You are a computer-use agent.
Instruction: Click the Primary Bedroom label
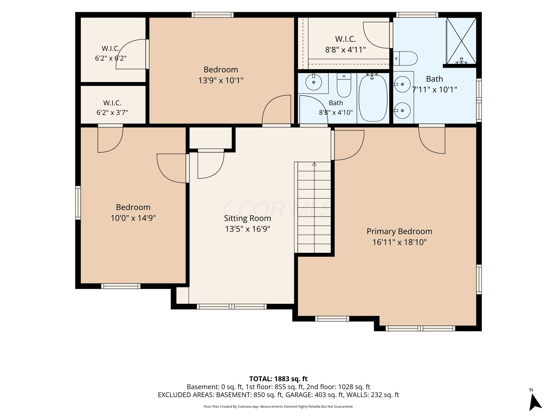(x=399, y=231)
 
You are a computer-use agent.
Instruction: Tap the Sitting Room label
(x=247, y=218)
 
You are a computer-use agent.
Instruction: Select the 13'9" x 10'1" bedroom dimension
(x=221, y=80)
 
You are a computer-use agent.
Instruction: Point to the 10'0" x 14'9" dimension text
(x=133, y=218)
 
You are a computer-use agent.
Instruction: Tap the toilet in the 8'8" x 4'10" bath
(x=344, y=85)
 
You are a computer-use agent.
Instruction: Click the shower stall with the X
(x=461, y=41)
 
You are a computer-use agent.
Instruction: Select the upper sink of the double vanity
(x=402, y=84)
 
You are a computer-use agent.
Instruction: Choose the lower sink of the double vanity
(x=402, y=111)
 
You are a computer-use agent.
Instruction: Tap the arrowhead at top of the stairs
(x=314, y=164)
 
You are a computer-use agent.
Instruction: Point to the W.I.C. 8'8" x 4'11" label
(x=346, y=44)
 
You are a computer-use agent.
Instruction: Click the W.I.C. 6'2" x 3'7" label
(x=112, y=108)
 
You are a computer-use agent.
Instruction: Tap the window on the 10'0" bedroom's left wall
(x=78, y=203)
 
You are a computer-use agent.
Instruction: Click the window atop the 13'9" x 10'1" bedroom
(x=213, y=15)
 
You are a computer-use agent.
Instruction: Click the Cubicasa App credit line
(x=278, y=406)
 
